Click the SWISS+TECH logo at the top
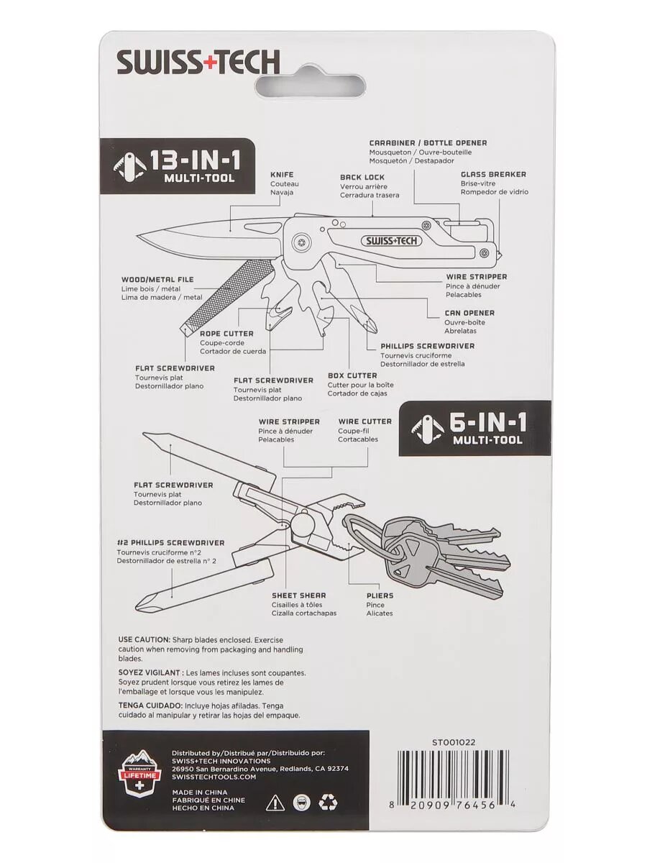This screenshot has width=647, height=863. point(198,63)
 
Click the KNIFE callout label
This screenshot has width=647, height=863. point(282,175)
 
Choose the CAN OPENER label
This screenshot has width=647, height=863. point(469,313)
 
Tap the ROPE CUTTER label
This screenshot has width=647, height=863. point(226,334)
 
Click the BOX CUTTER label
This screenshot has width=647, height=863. point(352,375)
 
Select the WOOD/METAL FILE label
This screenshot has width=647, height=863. point(157,280)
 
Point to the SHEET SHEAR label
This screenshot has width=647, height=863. point(298,595)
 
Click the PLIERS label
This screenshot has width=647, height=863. point(380,595)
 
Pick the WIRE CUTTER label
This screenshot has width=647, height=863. point(365,421)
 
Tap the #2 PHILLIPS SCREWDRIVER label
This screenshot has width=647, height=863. point(170,543)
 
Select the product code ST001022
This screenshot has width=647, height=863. point(454,742)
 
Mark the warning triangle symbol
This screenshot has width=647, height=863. point(275,802)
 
